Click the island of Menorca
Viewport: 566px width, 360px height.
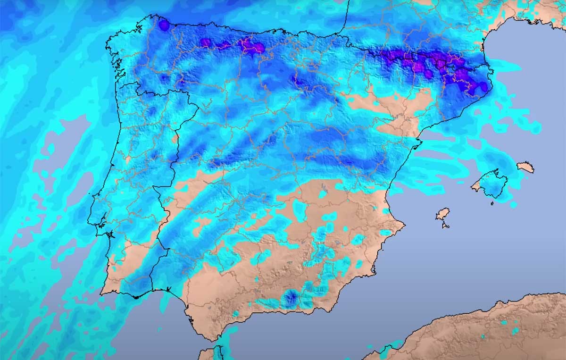click(x=525, y=167)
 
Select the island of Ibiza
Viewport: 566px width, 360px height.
click(x=442, y=215)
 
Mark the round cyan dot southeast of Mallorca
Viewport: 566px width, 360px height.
click(x=513, y=205)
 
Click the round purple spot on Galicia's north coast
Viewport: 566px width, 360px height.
click(x=164, y=25)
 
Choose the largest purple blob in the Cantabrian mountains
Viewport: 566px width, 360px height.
click(x=258, y=47)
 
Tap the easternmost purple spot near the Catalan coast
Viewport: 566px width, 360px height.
click(x=483, y=87)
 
